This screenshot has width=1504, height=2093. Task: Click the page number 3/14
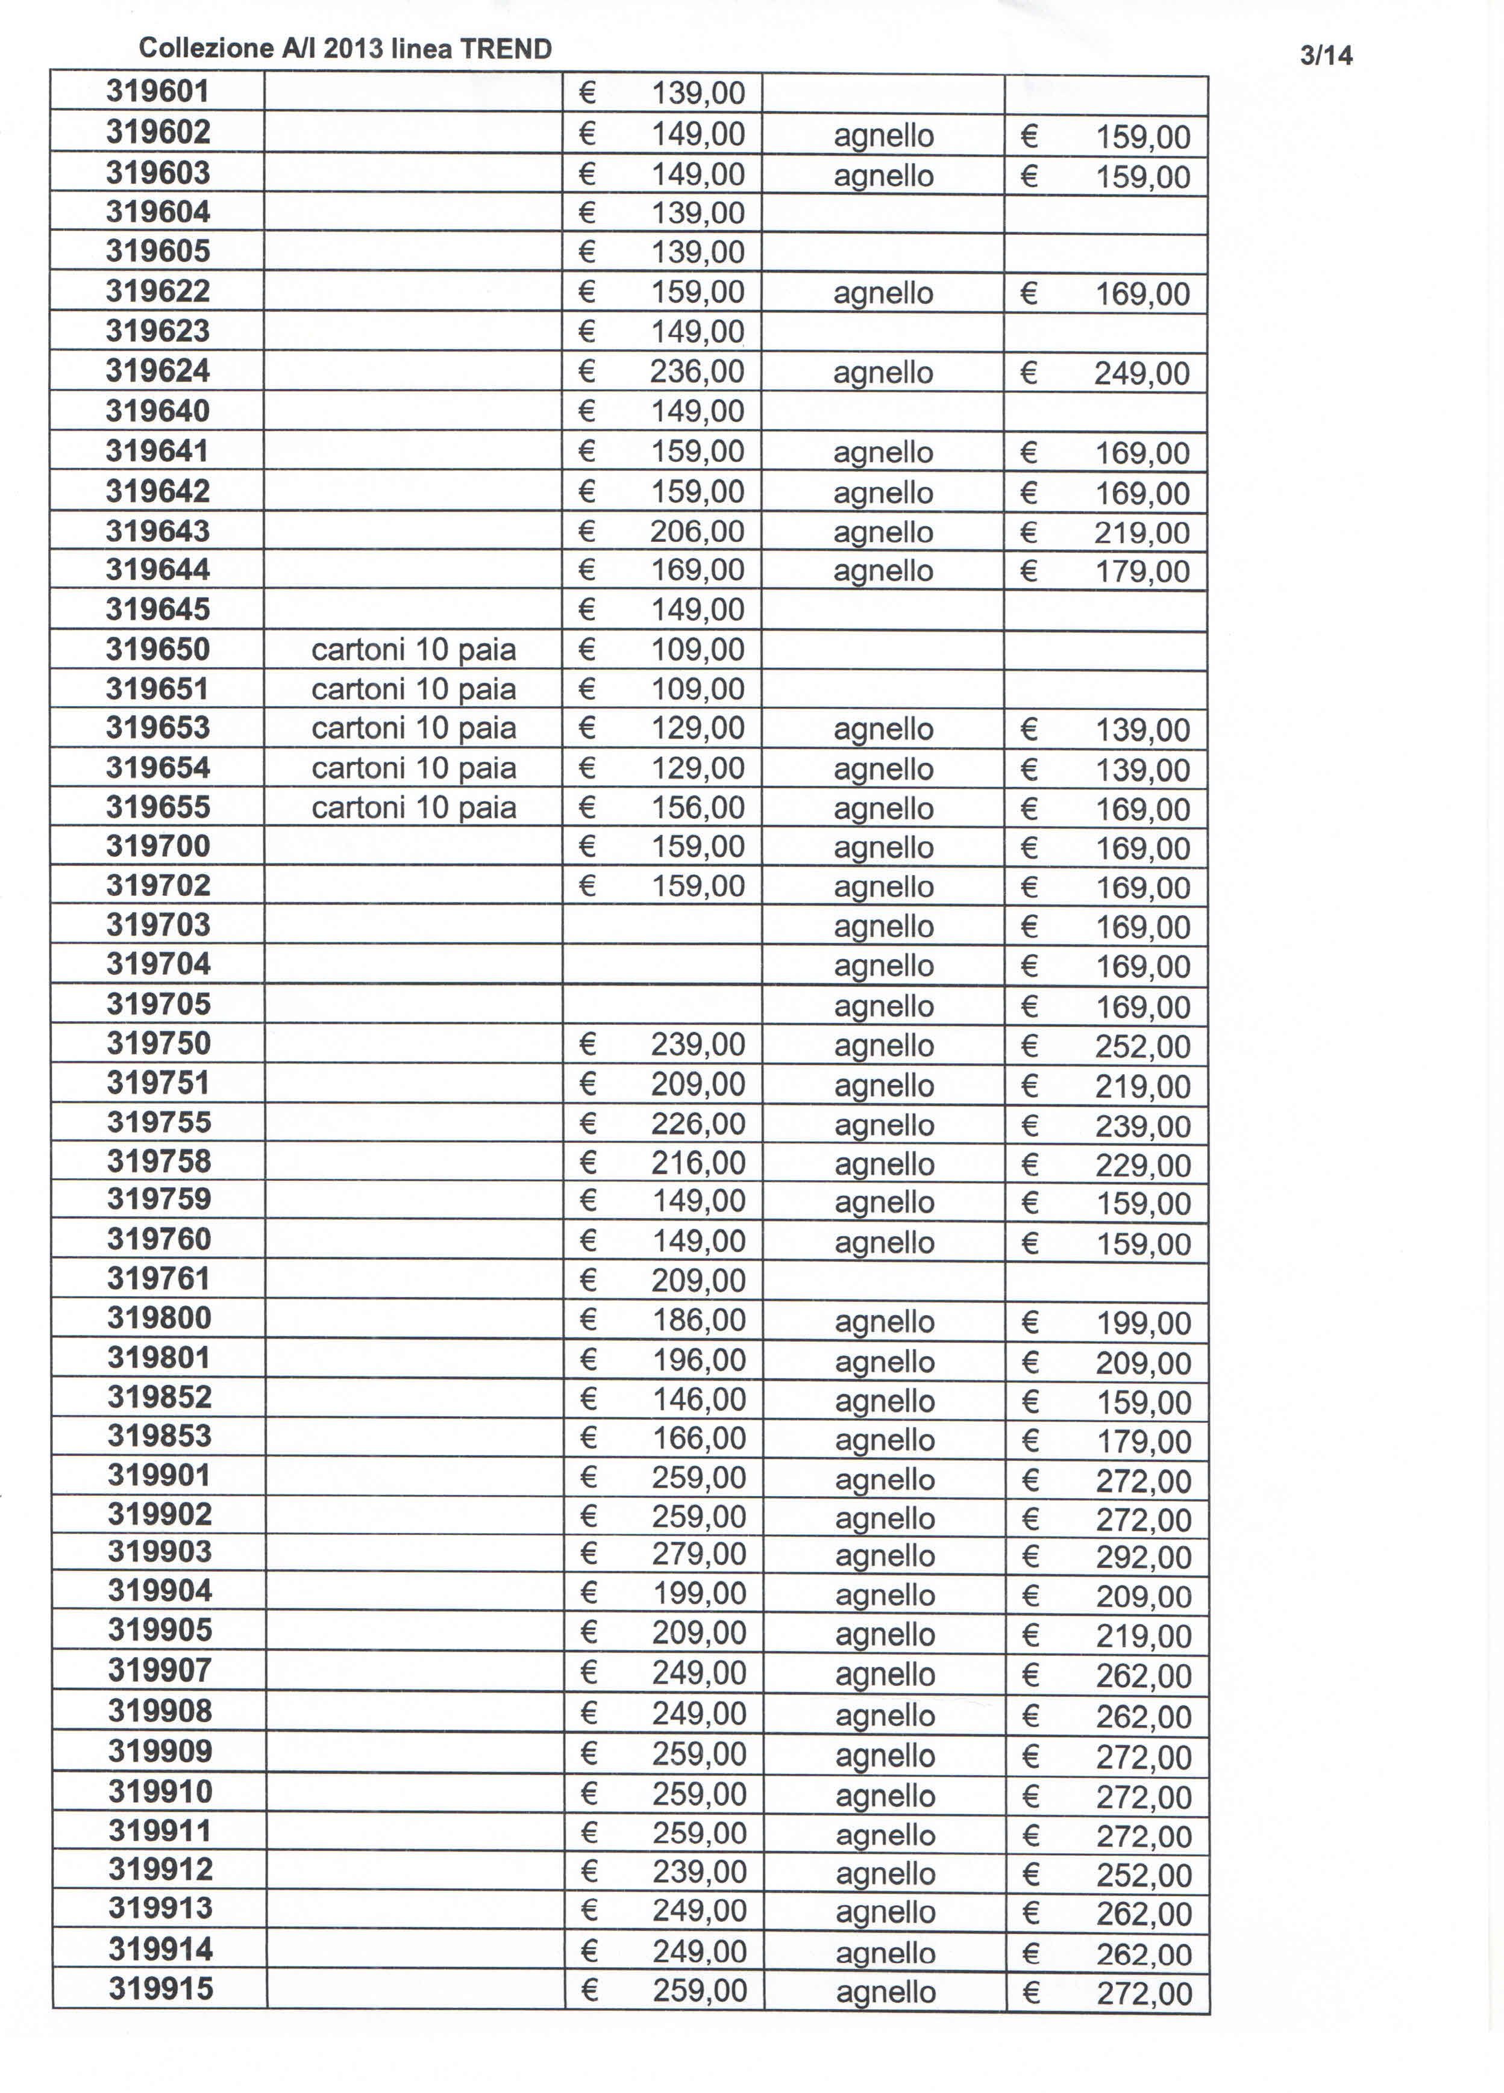1326,55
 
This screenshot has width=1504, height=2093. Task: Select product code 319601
158,92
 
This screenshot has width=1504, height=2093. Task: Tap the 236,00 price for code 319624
697,371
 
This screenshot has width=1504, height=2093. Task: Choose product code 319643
158,530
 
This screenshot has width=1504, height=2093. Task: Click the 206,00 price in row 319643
697,530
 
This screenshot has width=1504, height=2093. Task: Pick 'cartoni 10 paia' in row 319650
413,650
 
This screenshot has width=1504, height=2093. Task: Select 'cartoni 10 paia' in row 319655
413,807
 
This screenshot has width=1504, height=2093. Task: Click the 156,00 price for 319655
698,807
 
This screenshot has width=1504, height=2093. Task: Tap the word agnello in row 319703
883,927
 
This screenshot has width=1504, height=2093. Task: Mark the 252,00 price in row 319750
1143,1046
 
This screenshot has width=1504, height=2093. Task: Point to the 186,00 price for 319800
699,1320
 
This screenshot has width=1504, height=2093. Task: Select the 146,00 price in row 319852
699,1399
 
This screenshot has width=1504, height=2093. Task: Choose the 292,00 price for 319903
1144,1558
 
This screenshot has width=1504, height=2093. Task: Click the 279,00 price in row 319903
699,1554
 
